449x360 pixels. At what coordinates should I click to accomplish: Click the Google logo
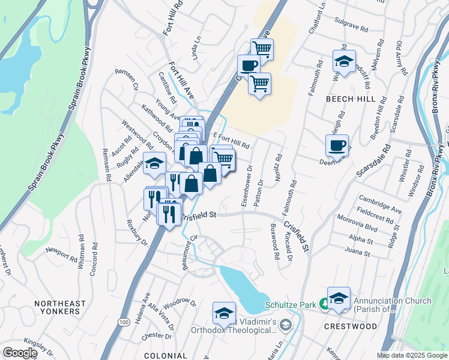pyautogui.click(x=20, y=353)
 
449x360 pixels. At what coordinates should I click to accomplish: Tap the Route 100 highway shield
pyautogui.click(x=124, y=322)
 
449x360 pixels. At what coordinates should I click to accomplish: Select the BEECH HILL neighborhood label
pyautogui.click(x=351, y=99)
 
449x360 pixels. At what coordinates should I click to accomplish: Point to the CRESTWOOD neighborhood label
pyautogui.click(x=351, y=327)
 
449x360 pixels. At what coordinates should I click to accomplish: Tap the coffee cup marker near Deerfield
pyautogui.click(x=337, y=145)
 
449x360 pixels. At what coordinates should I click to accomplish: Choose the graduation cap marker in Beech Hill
pyautogui.click(x=344, y=61)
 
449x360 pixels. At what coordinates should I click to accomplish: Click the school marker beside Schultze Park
pyautogui.click(x=339, y=298)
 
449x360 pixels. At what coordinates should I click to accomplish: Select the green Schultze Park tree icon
pyautogui.click(x=324, y=305)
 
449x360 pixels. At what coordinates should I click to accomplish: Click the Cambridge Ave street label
pyautogui.click(x=380, y=203)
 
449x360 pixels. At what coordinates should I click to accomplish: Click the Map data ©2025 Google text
pyautogui.click(x=412, y=355)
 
